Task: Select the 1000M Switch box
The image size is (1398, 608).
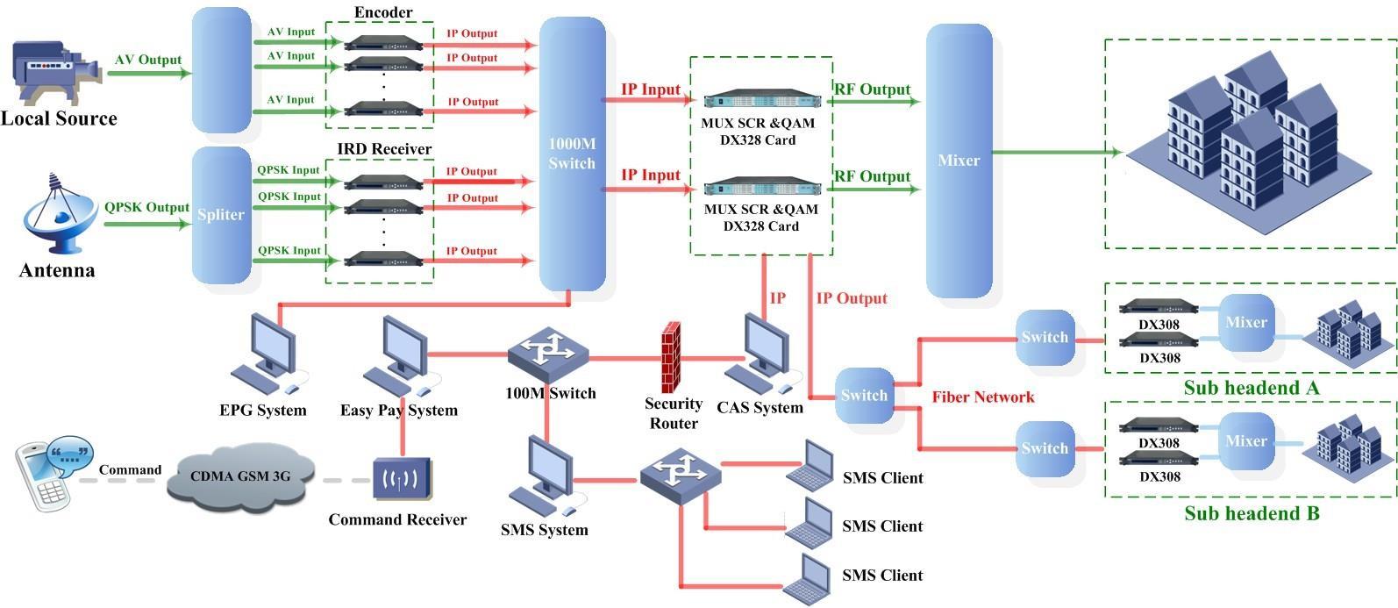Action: click(x=572, y=154)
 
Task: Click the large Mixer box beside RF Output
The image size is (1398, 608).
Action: click(x=959, y=161)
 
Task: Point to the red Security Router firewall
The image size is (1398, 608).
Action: click(x=672, y=357)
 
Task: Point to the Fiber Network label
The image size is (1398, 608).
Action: click(x=983, y=397)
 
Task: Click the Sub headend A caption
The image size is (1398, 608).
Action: click(x=1251, y=388)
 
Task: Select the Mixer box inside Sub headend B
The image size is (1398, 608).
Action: click(x=1246, y=440)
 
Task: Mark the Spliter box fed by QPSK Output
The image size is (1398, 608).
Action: click(x=221, y=215)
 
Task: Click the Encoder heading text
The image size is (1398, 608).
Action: click(x=383, y=12)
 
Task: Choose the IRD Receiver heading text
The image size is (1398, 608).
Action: click(x=384, y=149)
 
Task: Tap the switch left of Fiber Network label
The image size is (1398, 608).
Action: click(x=864, y=396)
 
